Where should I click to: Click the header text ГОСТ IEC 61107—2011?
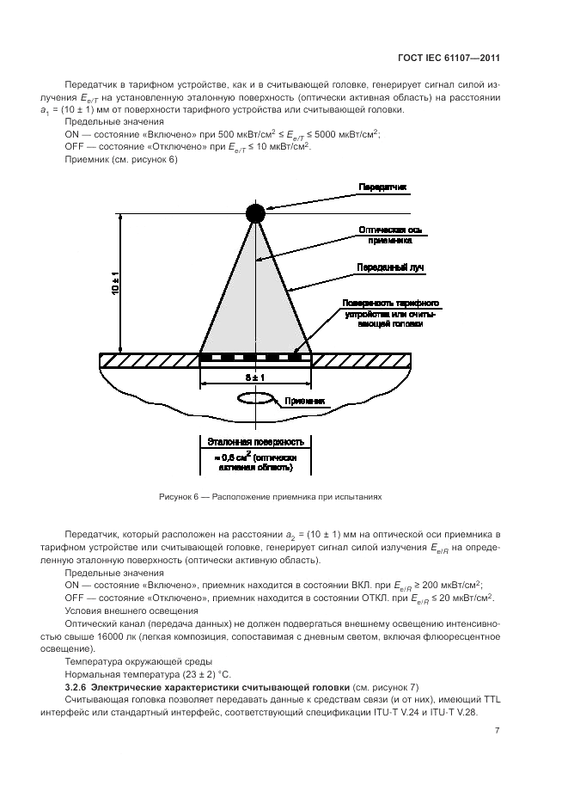click(x=461, y=58)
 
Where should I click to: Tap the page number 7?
click(x=497, y=731)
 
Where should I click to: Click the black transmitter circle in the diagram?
click(x=255, y=212)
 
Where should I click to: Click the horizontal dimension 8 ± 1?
click(x=255, y=377)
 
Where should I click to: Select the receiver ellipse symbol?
click(x=254, y=399)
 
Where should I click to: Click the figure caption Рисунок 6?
click(x=270, y=497)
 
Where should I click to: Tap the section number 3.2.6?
click(x=76, y=689)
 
